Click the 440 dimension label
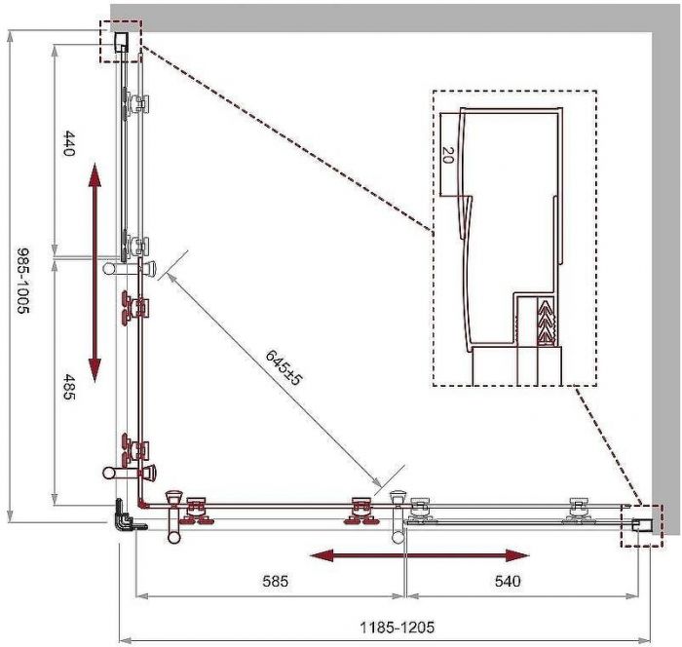(69, 143)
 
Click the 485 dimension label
(69, 387)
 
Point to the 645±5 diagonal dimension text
(284, 367)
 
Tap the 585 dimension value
(276, 581)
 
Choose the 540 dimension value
(508, 581)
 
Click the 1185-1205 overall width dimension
(398, 627)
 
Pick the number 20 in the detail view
(447, 155)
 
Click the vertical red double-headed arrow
(95, 273)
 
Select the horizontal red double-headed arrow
(419, 555)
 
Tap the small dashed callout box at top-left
(121, 41)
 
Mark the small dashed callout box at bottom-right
(642, 525)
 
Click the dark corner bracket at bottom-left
(124, 514)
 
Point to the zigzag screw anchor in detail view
(547, 322)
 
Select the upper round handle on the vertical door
(130, 268)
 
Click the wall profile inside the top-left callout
(122, 42)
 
